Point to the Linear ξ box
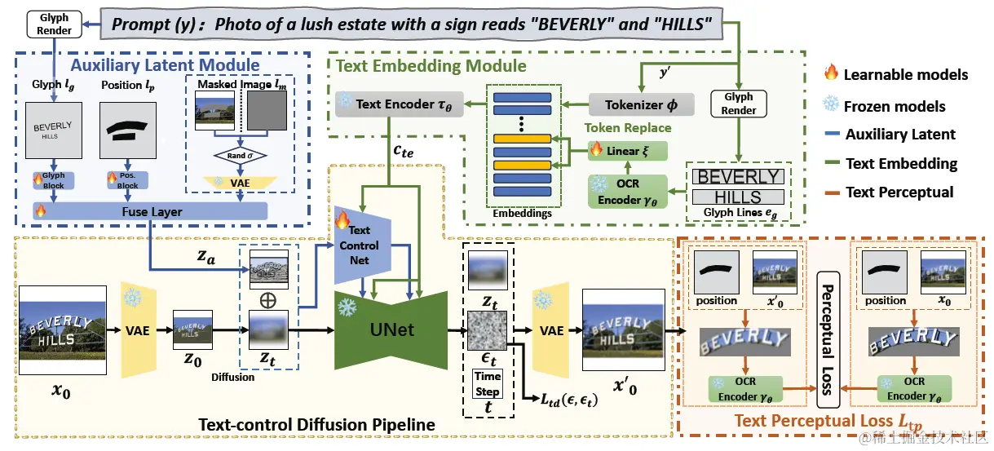(627, 151)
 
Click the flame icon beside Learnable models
(831, 74)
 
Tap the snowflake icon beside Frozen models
(831, 105)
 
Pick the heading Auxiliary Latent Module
(166, 65)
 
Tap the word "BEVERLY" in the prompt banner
(563, 24)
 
